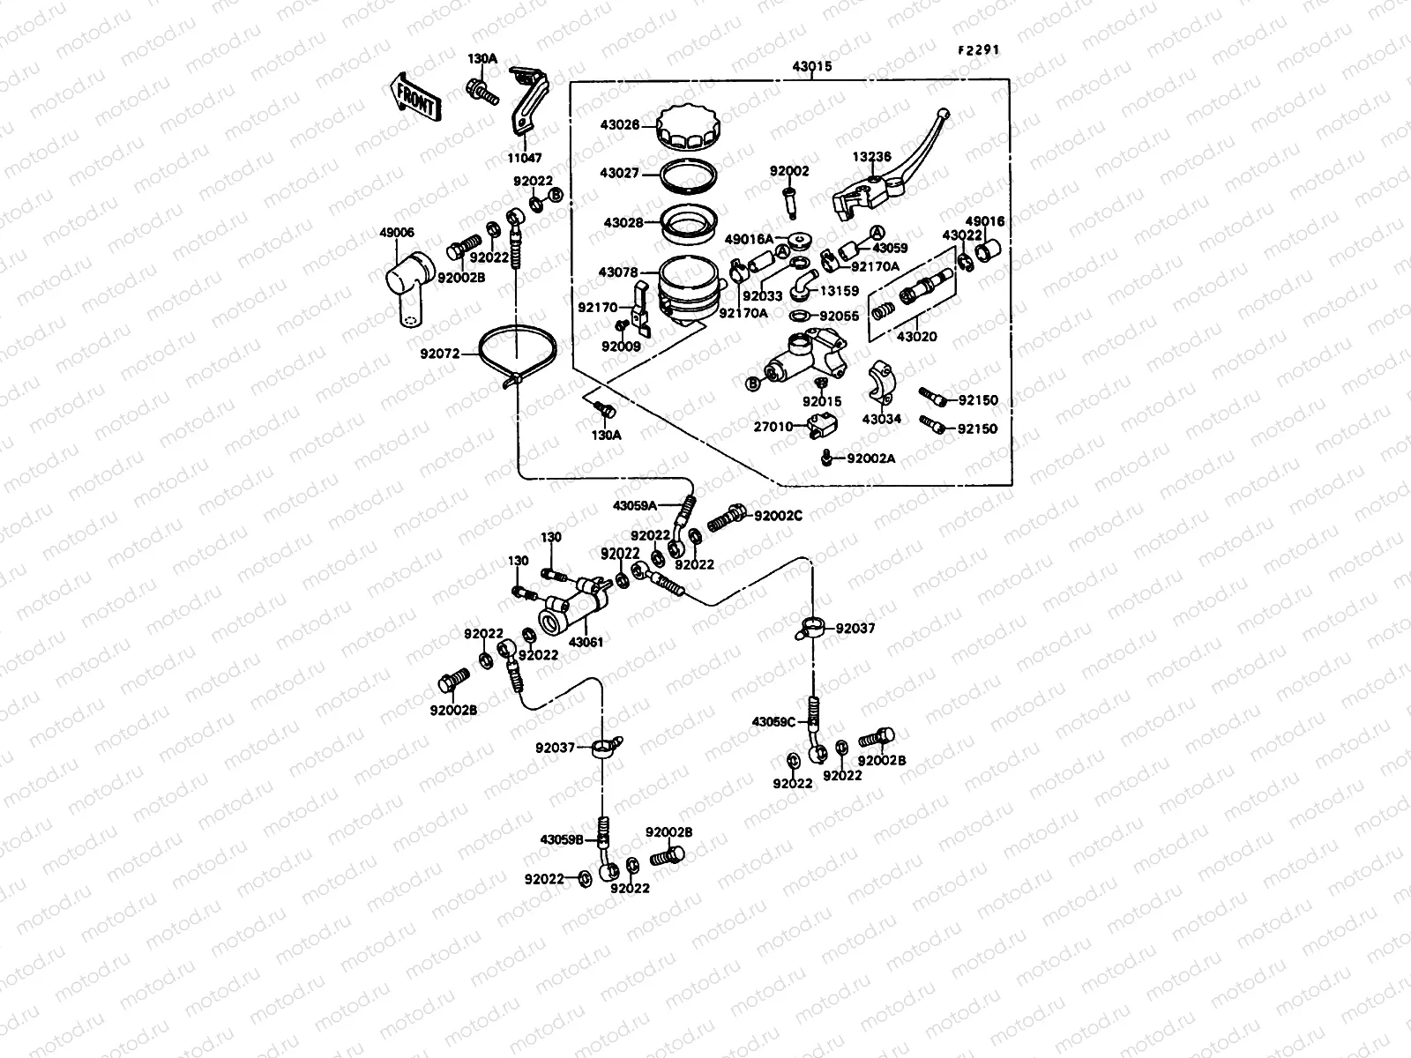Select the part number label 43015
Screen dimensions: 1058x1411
(811, 67)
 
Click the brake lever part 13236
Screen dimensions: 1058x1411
(891, 176)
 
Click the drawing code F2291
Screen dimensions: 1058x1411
(979, 50)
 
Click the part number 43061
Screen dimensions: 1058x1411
(586, 642)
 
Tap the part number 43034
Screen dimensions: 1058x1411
(882, 419)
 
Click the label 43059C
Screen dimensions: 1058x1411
(774, 722)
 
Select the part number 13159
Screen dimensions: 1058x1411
(840, 290)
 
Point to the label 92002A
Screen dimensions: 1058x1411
(870, 458)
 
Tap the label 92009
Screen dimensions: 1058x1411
(621, 346)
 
